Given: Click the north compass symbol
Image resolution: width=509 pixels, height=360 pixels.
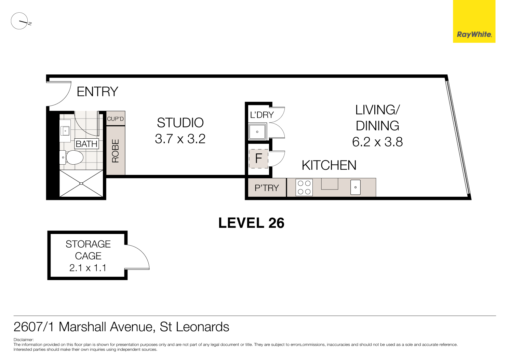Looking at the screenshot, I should click(20, 21).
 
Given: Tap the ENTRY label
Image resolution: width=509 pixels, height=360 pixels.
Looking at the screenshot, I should click(97, 92).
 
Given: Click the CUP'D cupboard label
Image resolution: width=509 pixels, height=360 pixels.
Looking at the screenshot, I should click(115, 119).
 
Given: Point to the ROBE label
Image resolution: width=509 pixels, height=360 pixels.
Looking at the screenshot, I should click(116, 151).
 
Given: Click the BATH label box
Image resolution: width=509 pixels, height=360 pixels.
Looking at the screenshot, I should click(86, 144).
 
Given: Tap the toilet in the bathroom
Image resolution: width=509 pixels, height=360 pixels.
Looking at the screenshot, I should click(73, 157).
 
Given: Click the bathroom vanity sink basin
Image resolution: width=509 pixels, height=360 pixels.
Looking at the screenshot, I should click(65, 131).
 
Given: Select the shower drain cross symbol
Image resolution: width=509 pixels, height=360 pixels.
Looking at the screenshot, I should click(81, 183).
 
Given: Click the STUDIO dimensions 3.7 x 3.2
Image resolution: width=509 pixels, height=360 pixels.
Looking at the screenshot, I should click(180, 139).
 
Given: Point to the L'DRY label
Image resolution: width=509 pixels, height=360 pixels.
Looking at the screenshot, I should click(262, 115).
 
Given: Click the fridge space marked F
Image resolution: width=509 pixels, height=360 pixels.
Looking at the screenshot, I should click(258, 158).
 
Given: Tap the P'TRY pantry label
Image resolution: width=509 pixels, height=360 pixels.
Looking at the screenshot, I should click(267, 188).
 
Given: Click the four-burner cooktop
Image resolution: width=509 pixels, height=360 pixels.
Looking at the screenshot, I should click(304, 188).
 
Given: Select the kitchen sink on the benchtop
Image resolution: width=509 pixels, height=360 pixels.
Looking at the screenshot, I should click(356, 187).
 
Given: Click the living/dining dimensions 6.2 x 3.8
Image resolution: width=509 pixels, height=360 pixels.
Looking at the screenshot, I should click(377, 142).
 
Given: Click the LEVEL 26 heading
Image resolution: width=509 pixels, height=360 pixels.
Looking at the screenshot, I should click(251, 223).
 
